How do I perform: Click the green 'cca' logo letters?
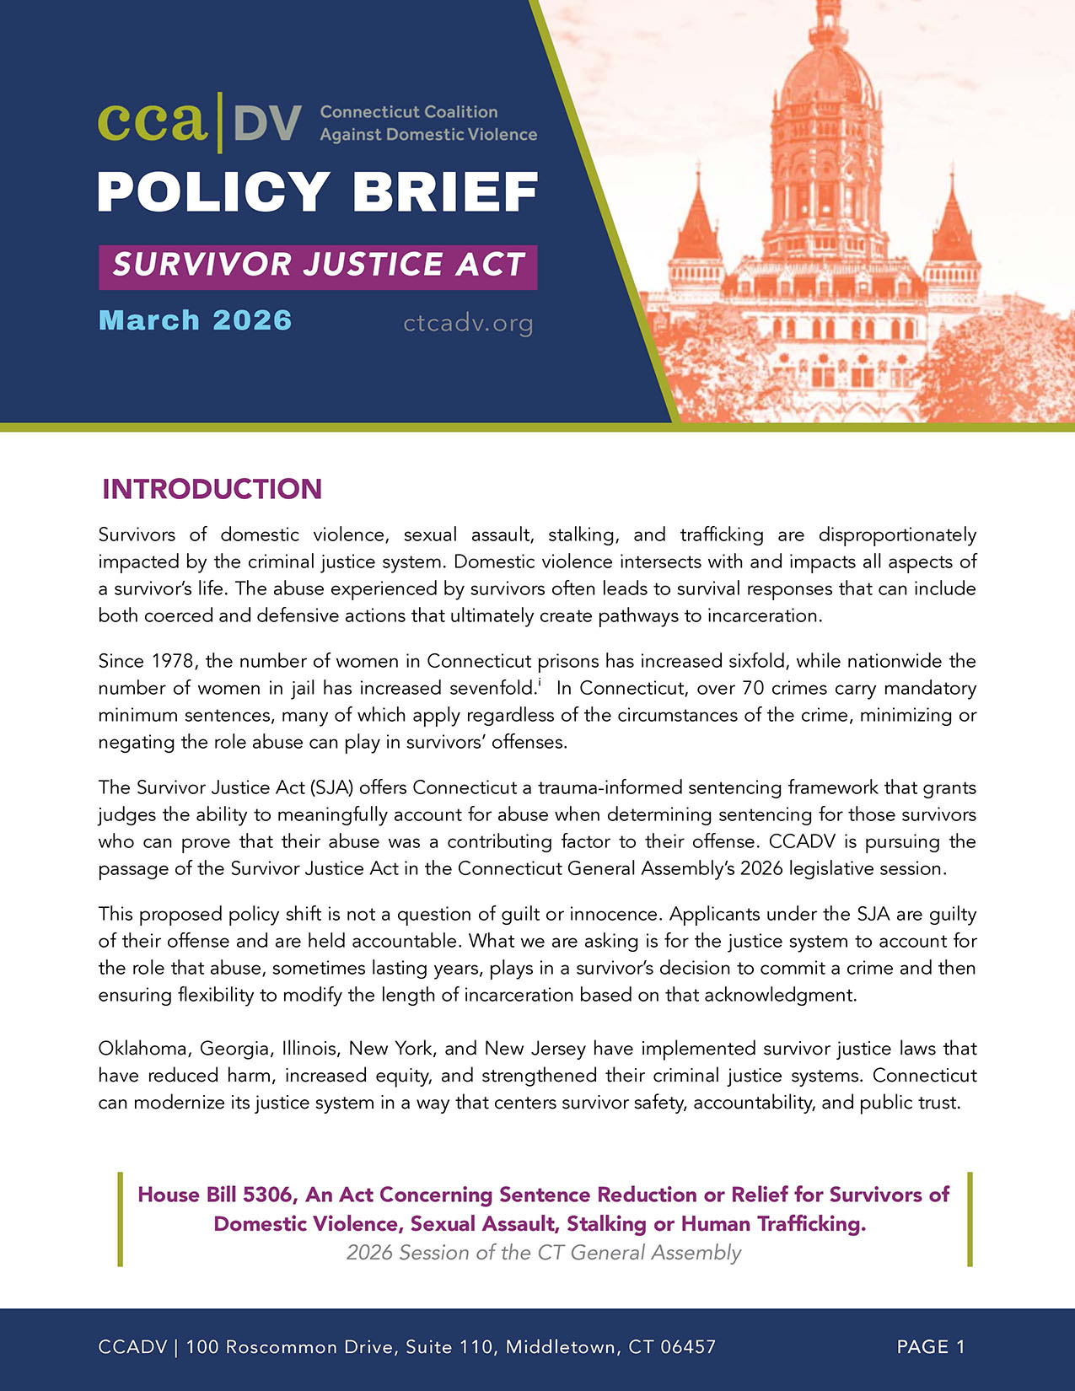coord(153,122)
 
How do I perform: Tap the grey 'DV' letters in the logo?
coord(266,124)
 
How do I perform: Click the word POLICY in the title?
coord(213,192)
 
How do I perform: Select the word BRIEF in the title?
coord(445,192)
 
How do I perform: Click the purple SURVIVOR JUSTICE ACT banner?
coord(318,266)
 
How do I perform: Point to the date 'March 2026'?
coord(195,321)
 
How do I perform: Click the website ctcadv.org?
coord(468,323)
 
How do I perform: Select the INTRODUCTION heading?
coord(212,490)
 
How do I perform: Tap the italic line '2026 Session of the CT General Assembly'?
coord(544,1253)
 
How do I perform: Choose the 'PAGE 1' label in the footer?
coord(931,1347)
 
